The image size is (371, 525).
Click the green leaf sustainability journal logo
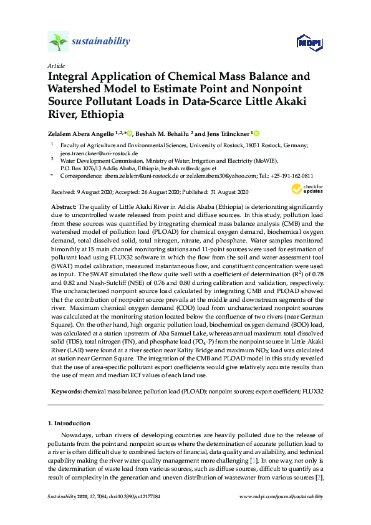click(x=58, y=42)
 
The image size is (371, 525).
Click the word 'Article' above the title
click(x=55, y=65)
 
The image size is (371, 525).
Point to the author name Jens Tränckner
click(x=228, y=133)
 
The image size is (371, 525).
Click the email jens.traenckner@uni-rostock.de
click(x=99, y=153)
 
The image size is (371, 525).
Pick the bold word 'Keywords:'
click(x=64, y=392)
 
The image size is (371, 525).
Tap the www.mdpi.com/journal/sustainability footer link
click(x=281, y=496)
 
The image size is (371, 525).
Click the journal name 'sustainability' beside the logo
click(x=101, y=42)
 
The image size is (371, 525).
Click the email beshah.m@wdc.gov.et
click(x=189, y=168)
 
